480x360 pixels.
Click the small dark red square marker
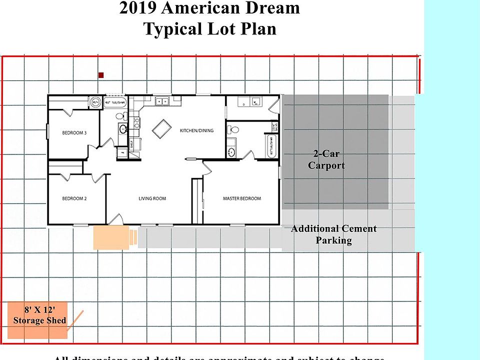pyautogui.click(x=101, y=75)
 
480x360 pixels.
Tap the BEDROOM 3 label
pyautogui.click(x=74, y=133)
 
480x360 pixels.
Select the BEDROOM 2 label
pyautogui.click(x=74, y=198)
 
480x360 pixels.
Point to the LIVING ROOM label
pyautogui.click(x=152, y=198)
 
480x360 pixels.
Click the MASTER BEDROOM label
pyautogui.click(x=241, y=198)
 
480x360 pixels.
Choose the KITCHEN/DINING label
pyautogui.click(x=196, y=130)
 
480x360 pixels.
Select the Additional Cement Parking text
pyautogui.click(x=333, y=234)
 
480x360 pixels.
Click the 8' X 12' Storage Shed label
pyautogui.click(x=39, y=315)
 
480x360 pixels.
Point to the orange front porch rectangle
pyautogui.click(x=111, y=237)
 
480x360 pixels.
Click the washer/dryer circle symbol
pyautogui.click(x=95, y=102)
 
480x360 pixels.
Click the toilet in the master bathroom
pyautogui.click(x=231, y=130)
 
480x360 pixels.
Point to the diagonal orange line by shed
pyautogui.click(x=75, y=320)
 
